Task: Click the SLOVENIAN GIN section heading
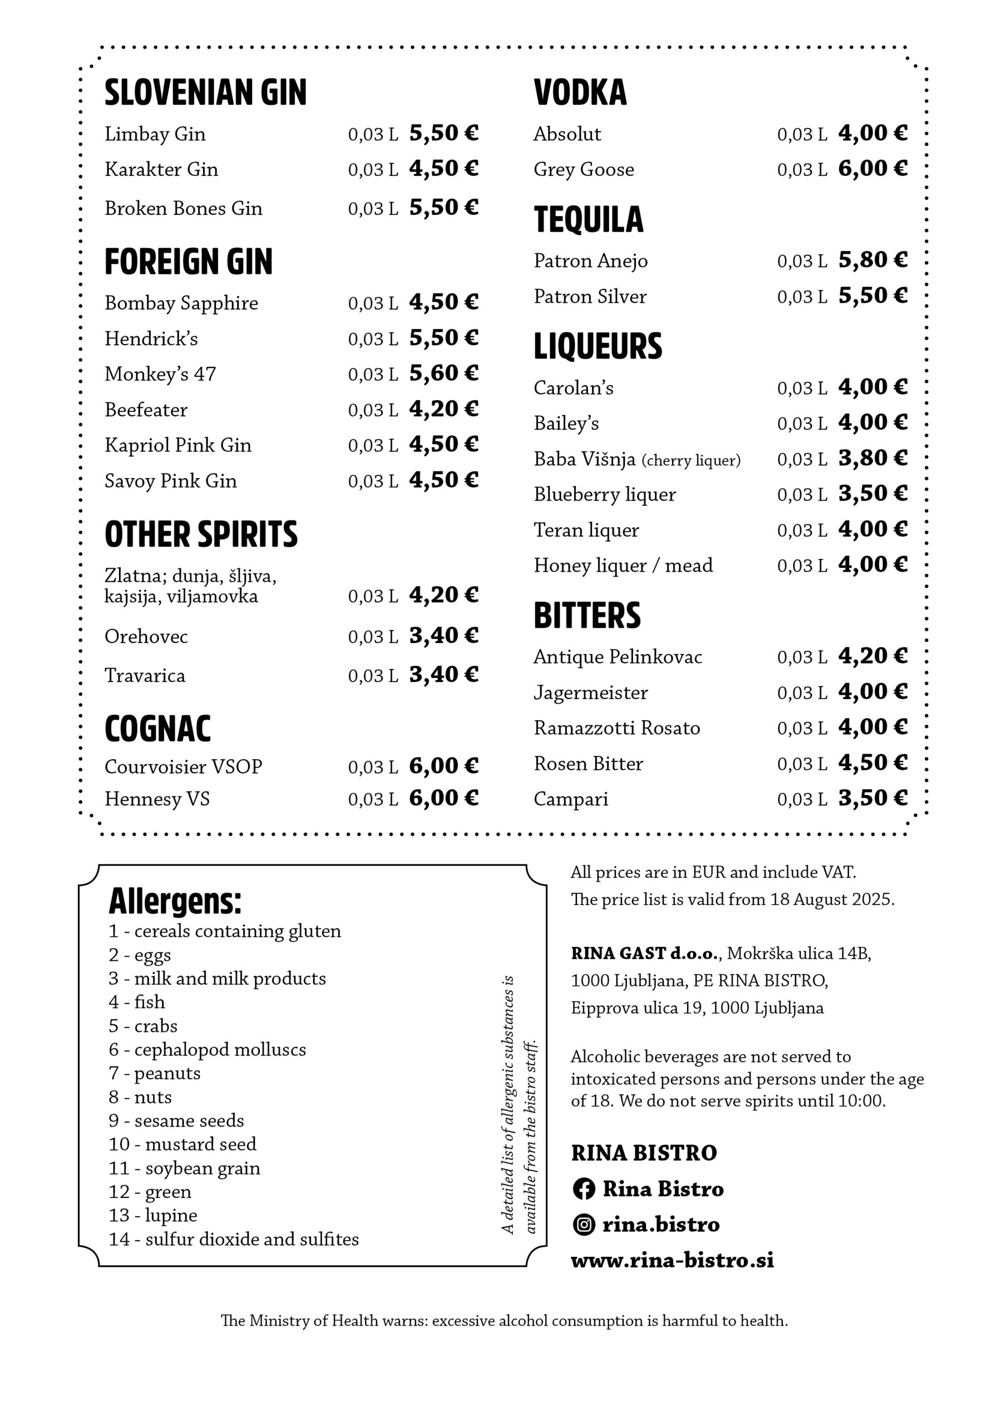click(x=205, y=92)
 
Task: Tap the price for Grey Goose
click(x=872, y=168)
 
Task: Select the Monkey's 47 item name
click(x=160, y=374)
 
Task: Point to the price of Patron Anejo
click(x=872, y=259)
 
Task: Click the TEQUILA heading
click(x=588, y=220)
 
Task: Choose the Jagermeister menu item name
click(x=590, y=692)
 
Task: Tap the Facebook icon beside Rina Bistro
click(x=583, y=1188)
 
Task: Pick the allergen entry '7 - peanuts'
click(x=155, y=1073)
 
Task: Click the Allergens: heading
click(x=175, y=901)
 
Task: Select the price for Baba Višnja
click(x=872, y=458)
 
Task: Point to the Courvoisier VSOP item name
click(x=183, y=766)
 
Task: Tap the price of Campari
click(x=872, y=798)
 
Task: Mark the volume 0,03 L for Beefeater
click(x=372, y=410)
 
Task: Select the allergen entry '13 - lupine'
click(x=152, y=1215)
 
